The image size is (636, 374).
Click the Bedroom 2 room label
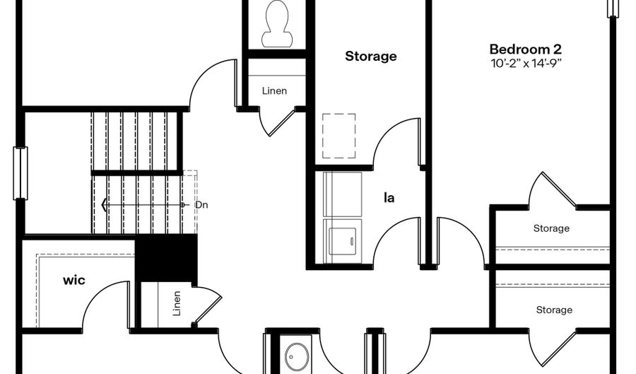(x=525, y=49)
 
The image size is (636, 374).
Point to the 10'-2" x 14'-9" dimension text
(x=526, y=64)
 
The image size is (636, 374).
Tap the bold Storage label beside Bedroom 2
(x=371, y=56)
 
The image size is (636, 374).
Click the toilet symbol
(x=277, y=23)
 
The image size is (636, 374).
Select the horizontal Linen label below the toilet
(x=275, y=90)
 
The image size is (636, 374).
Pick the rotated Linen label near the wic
(x=177, y=303)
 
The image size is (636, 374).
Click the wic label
(x=74, y=280)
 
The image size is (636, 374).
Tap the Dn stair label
(x=201, y=205)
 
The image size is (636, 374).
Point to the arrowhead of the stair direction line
(x=105, y=205)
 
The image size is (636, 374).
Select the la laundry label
(x=389, y=197)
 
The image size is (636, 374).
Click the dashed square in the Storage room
(x=339, y=136)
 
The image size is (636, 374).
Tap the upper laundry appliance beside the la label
(x=342, y=194)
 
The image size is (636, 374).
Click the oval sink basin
(x=297, y=357)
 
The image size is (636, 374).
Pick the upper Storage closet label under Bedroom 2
(x=551, y=228)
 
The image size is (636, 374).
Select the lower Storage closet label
(x=554, y=310)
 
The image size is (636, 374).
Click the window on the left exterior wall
(x=20, y=173)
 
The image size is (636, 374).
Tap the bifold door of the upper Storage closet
(x=559, y=189)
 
